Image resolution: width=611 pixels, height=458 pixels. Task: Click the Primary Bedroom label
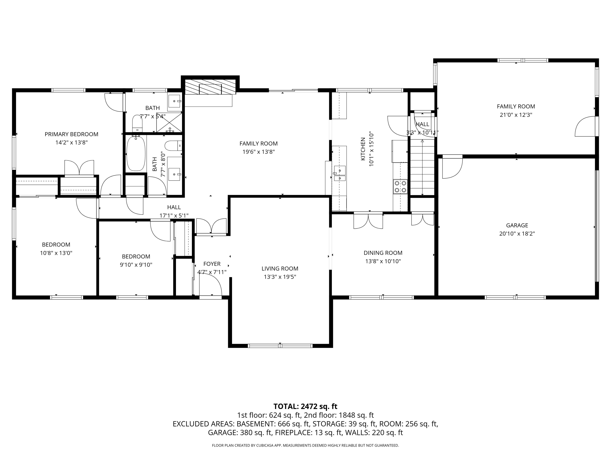pyautogui.click(x=71, y=134)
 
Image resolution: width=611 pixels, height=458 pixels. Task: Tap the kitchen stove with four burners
pyautogui.click(x=400, y=186)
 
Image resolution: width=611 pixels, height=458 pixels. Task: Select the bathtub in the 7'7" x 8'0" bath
pyautogui.click(x=136, y=153)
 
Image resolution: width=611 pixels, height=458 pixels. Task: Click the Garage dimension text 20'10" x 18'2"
pyautogui.click(x=517, y=233)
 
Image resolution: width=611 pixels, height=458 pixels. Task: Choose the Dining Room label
pyautogui.click(x=383, y=253)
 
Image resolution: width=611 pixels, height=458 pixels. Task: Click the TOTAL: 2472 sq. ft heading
pyautogui.click(x=305, y=406)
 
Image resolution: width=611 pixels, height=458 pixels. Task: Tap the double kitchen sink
pyautogui.click(x=340, y=173)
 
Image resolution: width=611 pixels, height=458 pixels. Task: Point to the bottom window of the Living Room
pyautogui.click(x=280, y=346)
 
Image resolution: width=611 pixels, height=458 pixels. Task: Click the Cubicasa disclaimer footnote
pyautogui.click(x=305, y=445)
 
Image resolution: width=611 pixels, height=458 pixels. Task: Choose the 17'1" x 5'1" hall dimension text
pyautogui.click(x=174, y=215)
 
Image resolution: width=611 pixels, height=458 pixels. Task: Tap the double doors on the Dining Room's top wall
pyautogui.click(x=368, y=221)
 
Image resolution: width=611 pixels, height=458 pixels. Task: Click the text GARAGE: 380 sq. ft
pyautogui.click(x=240, y=433)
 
